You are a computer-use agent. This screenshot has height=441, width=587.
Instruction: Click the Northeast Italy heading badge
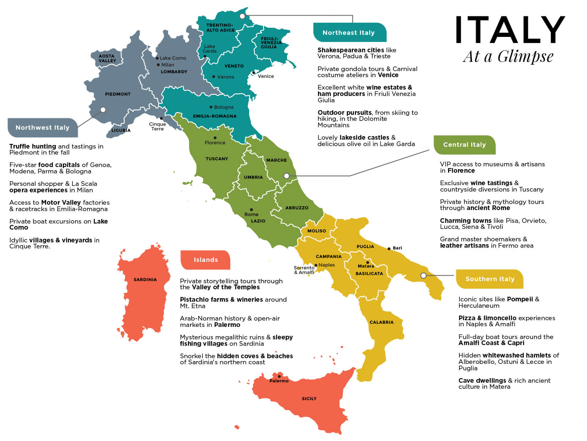click(349, 33)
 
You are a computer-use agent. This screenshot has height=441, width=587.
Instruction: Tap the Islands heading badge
click(205, 260)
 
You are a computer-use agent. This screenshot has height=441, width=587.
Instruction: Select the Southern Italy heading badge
click(490, 279)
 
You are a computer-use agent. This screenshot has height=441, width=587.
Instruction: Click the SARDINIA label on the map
click(145, 280)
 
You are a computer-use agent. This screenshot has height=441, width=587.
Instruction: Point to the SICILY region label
click(309, 399)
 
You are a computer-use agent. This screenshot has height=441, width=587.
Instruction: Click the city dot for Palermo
click(279, 376)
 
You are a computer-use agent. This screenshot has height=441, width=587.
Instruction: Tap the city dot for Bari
click(389, 249)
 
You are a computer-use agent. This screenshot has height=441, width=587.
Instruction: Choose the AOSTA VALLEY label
click(107, 59)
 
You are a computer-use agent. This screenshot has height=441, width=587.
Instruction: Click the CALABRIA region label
click(381, 322)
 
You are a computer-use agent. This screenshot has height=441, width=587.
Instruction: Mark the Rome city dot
click(251, 210)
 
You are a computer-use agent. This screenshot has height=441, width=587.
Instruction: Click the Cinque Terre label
click(157, 127)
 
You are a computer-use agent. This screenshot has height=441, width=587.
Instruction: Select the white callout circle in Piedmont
click(103, 110)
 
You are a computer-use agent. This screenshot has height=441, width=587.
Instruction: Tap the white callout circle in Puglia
click(423, 275)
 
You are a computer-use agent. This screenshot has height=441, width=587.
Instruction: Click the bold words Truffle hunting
click(33, 146)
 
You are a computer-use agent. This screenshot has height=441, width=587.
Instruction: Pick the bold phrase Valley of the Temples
click(226, 287)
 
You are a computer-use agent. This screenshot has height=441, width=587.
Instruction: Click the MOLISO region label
click(316, 231)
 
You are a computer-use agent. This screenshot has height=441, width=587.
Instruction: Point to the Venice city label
click(266, 76)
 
